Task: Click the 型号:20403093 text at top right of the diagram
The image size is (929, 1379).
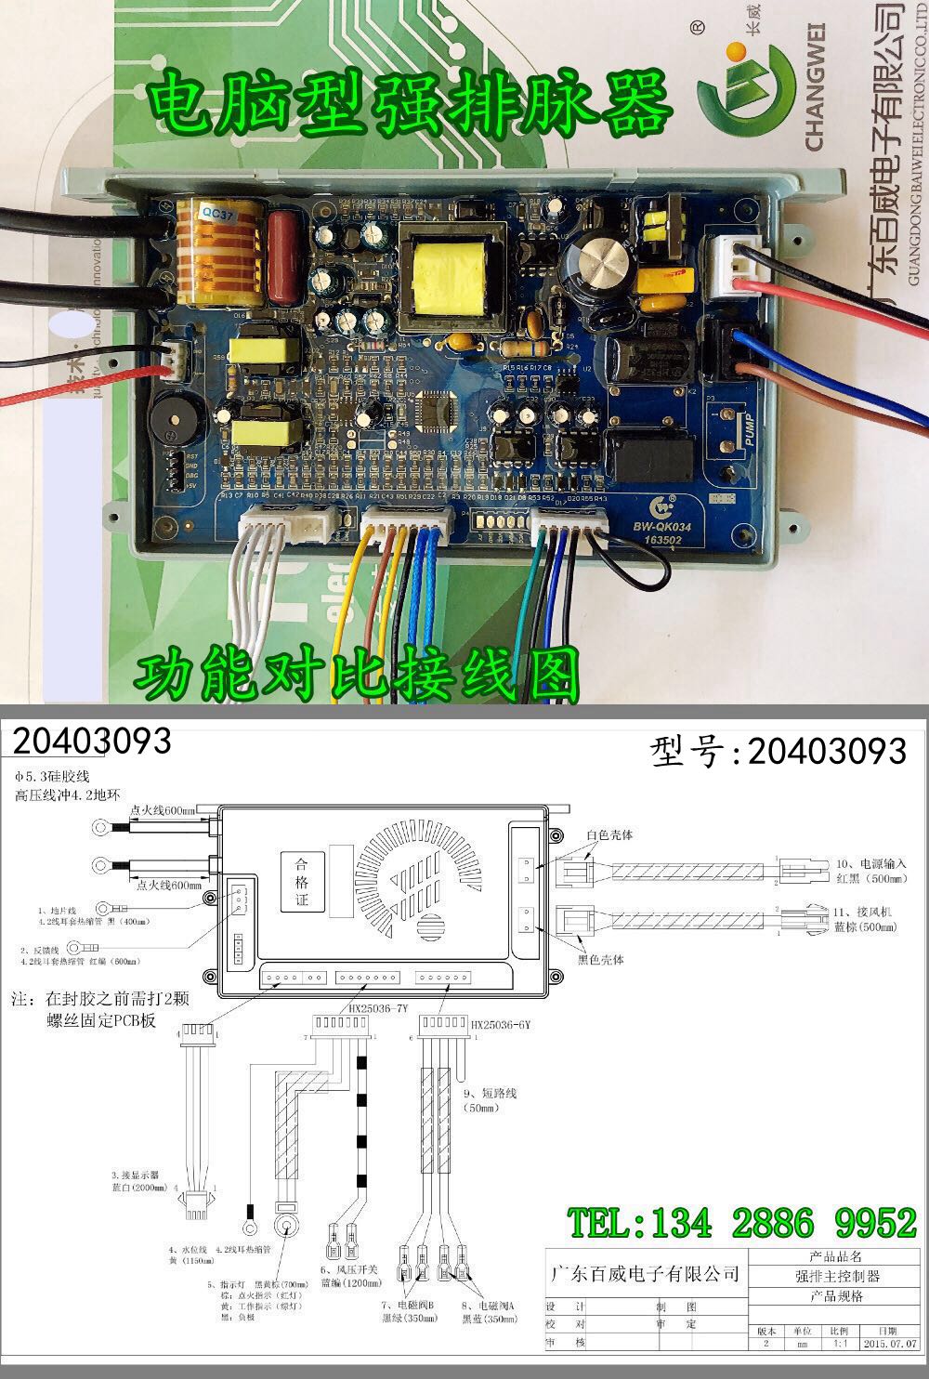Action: tap(779, 751)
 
